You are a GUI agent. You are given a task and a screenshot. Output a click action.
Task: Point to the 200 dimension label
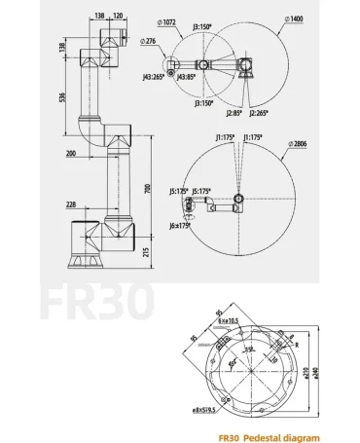(72, 154)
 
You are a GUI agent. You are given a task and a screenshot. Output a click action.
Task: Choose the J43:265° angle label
(154, 76)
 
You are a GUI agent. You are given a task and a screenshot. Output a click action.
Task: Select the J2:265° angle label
(258, 113)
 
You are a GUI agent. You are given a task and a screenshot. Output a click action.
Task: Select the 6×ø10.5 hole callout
(228, 319)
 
